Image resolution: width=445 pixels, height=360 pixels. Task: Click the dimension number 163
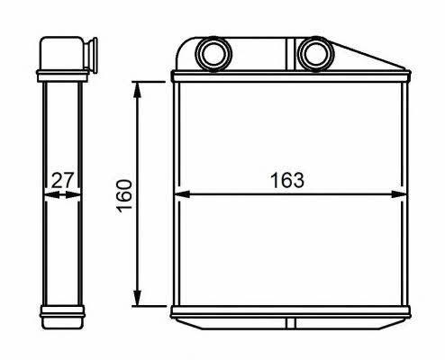click(287, 180)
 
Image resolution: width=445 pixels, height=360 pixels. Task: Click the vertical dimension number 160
click(124, 196)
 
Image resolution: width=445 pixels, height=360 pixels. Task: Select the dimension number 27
click(62, 180)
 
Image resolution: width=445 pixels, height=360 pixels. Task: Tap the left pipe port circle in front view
click(213, 54)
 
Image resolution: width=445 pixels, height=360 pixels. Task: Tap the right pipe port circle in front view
click(315, 54)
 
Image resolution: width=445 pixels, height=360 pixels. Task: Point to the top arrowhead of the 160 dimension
click(137, 89)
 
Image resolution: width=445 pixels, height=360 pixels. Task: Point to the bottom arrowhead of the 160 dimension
click(137, 298)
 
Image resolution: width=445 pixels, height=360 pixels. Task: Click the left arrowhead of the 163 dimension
click(182, 194)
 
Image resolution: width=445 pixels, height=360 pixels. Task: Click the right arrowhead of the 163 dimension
click(399, 194)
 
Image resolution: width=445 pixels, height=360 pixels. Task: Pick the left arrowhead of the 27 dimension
click(52, 195)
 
